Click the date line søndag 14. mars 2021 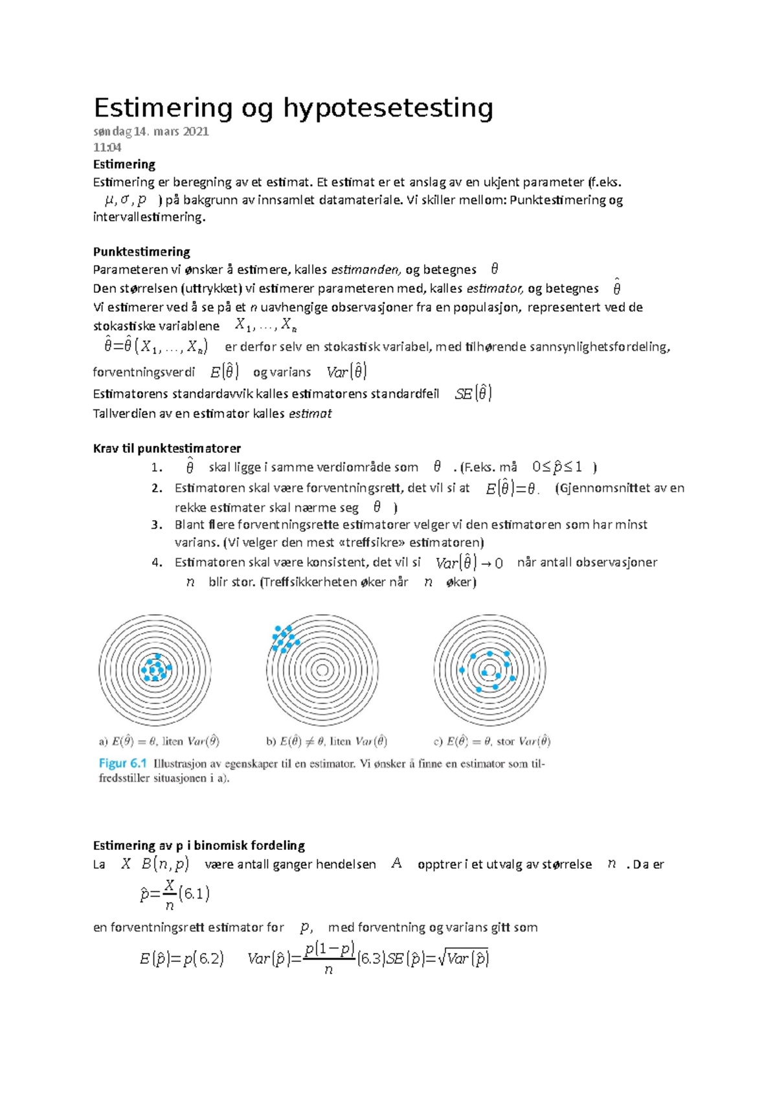click(x=150, y=132)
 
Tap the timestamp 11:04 click(x=107, y=148)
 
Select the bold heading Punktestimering click(x=141, y=251)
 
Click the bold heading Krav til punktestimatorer click(x=166, y=448)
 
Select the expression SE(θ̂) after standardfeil click(x=473, y=393)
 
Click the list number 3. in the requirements click(x=157, y=525)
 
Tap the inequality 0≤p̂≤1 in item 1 click(x=557, y=467)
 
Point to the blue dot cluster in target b click(x=284, y=638)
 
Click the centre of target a click(x=155, y=670)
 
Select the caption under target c click(x=492, y=741)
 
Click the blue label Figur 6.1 click(x=122, y=763)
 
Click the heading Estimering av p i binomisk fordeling click(x=199, y=845)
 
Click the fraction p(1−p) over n click(x=329, y=959)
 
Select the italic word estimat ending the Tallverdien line click(x=310, y=414)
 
